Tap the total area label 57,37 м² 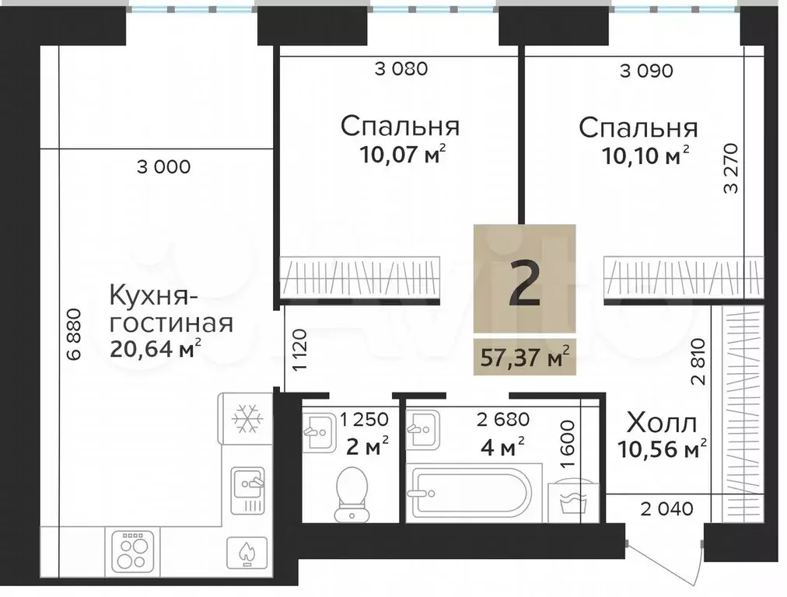525,357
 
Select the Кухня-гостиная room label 171,309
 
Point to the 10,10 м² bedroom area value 645,155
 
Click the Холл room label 662,424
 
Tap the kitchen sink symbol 247,491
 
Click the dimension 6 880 74,333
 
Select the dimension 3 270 731,169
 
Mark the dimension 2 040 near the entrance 667,508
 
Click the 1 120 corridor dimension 300,350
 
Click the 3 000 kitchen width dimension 163,167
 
